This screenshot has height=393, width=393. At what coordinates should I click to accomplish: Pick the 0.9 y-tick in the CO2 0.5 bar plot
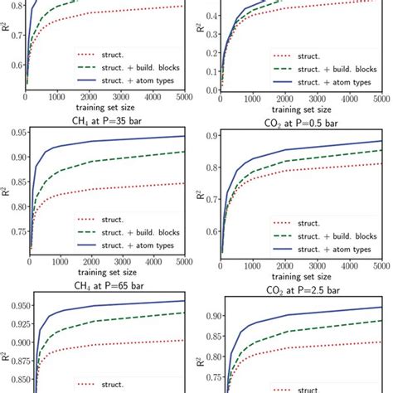pos(211,135)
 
